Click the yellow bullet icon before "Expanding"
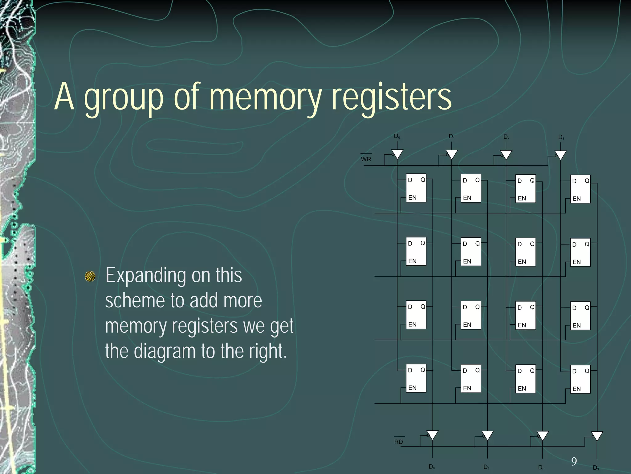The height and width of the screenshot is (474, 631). click(x=90, y=276)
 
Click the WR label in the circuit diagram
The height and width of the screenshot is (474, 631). click(x=366, y=159)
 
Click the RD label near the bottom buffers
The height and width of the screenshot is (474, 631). click(x=398, y=442)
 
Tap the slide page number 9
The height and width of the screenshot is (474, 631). click(x=574, y=461)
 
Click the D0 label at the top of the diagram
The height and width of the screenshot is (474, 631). click(x=397, y=136)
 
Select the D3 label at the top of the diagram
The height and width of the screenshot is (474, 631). click(x=561, y=137)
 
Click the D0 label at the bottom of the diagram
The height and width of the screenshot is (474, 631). click(x=432, y=467)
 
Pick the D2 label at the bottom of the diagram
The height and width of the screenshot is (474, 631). click(x=541, y=468)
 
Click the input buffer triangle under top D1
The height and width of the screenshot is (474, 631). click(x=452, y=154)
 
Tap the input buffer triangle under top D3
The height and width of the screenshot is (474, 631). click(x=560, y=155)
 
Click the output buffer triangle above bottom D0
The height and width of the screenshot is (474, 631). click(x=432, y=435)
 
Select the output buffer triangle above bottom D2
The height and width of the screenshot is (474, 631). click(x=542, y=435)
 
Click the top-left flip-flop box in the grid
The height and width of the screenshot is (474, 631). click(x=416, y=188)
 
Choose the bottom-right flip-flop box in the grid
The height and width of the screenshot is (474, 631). click(x=580, y=379)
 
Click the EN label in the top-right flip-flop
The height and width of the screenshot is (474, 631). click(x=576, y=199)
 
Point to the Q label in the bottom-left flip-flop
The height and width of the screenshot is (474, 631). click(x=423, y=370)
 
